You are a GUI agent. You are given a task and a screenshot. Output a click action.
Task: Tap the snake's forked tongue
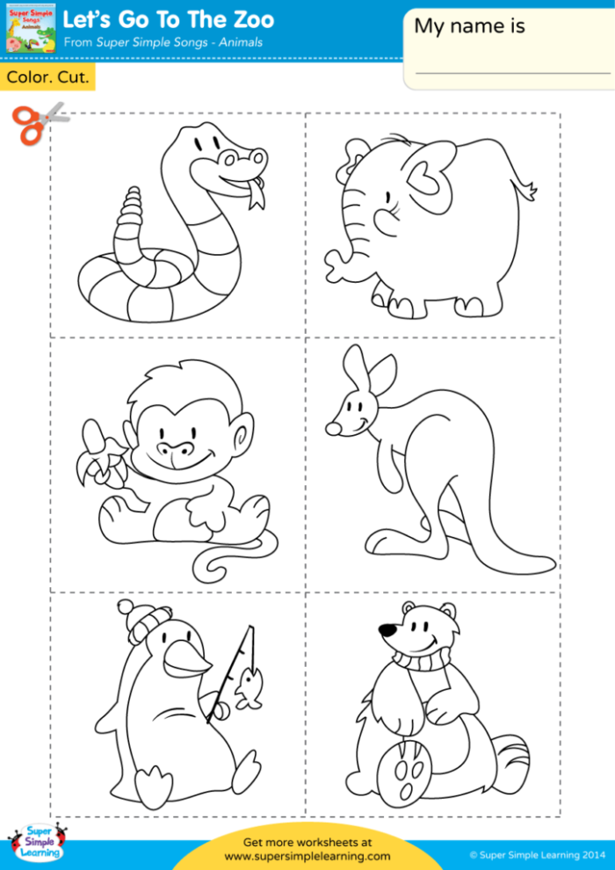(x=256, y=197)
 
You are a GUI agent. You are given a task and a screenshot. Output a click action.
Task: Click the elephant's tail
(x=529, y=188)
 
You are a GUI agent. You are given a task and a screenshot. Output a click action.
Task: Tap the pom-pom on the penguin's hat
(x=127, y=607)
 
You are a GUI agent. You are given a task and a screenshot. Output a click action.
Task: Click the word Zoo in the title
(x=250, y=18)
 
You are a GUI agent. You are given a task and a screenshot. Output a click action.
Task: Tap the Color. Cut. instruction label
(x=47, y=77)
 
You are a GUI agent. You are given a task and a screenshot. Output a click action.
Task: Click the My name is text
(x=469, y=26)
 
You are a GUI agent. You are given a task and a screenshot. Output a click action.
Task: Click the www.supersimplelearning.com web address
(x=307, y=856)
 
